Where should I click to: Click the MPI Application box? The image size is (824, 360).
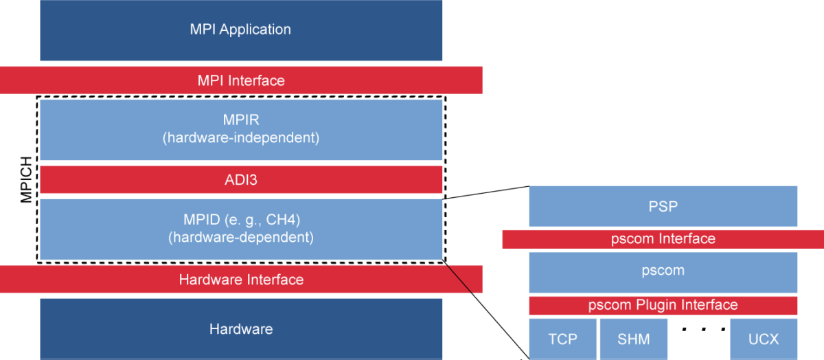tap(241, 30)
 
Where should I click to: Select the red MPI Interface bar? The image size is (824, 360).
tap(241, 80)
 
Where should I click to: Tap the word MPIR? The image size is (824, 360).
tap(241, 120)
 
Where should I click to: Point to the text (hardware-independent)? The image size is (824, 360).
tap(241, 137)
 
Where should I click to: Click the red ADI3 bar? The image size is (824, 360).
tap(241, 180)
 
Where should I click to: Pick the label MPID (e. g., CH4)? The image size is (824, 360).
tap(241, 221)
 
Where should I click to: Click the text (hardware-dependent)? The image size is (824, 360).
tap(241, 238)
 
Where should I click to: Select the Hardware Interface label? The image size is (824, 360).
tap(241, 280)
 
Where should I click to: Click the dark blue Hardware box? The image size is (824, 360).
tap(241, 329)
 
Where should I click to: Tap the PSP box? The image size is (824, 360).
tap(663, 206)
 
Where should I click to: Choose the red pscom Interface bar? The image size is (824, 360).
tap(663, 239)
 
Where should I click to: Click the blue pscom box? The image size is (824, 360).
tap(663, 271)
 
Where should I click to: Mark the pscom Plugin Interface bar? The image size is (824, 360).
tap(663, 305)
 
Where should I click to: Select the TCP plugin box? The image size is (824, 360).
tap(562, 339)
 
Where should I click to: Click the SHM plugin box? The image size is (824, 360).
tap(633, 339)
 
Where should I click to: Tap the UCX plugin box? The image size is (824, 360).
tap(764, 339)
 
